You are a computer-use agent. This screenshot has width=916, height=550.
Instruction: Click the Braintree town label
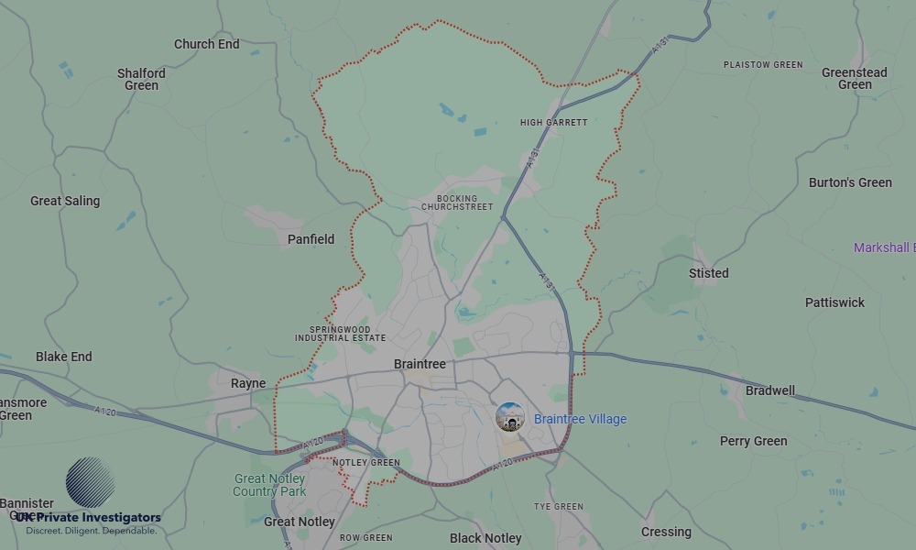click(x=420, y=364)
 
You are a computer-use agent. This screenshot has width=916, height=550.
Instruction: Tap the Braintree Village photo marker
click(x=510, y=418)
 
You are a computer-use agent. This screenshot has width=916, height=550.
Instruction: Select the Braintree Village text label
click(x=580, y=419)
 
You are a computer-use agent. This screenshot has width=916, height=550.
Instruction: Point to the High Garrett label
click(x=553, y=122)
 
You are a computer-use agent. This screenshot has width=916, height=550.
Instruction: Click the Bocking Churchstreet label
click(x=457, y=203)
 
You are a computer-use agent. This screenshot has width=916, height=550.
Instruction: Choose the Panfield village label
click(x=311, y=239)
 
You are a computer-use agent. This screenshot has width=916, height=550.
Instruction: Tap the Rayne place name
click(x=248, y=383)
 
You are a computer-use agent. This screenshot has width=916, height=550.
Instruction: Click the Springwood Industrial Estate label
click(x=340, y=334)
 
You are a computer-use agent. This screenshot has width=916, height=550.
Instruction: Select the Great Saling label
click(x=65, y=201)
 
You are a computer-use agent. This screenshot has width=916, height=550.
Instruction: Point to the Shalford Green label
click(x=141, y=79)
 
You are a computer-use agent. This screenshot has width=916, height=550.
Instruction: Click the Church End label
click(x=207, y=44)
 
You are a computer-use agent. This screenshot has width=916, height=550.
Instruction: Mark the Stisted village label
click(x=709, y=273)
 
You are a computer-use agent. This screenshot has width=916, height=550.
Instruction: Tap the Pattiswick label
click(x=834, y=302)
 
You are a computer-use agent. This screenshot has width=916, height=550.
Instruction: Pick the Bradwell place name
click(x=770, y=390)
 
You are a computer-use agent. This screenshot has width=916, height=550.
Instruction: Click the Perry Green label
click(x=753, y=441)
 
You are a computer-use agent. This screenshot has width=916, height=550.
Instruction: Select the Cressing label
click(x=666, y=532)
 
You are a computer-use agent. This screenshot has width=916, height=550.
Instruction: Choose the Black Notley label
click(x=485, y=538)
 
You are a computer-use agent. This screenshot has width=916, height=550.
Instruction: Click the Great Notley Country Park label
click(x=269, y=485)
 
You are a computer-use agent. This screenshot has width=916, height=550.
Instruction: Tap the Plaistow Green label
click(x=762, y=65)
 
